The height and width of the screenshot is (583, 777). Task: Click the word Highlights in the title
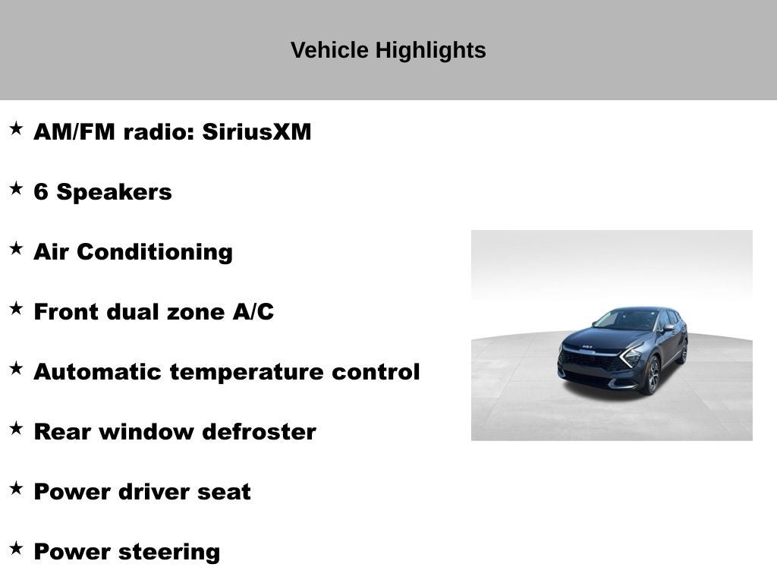coord(430,51)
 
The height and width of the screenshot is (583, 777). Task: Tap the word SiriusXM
coord(256,132)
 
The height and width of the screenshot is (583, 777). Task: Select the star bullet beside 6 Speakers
coord(16,188)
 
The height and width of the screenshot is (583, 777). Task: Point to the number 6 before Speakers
coord(41,192)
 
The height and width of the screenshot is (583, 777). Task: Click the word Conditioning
coord(154,252)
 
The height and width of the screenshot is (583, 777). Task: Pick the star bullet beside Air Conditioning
coord(16,248)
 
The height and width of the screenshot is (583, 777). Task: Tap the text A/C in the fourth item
coord(253,312)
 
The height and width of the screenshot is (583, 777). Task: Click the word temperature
coord(247,373)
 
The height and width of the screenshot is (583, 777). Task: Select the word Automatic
coord(98,372)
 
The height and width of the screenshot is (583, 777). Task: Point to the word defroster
coord(260,432)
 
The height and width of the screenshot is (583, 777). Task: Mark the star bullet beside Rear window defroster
coord(16,428)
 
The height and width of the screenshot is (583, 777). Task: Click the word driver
coord(153,492)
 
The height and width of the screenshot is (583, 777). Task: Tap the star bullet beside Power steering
coord(16,548)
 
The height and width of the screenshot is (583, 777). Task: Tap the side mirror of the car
coord(669,328)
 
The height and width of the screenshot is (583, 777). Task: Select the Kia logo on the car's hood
coord(587,346)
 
